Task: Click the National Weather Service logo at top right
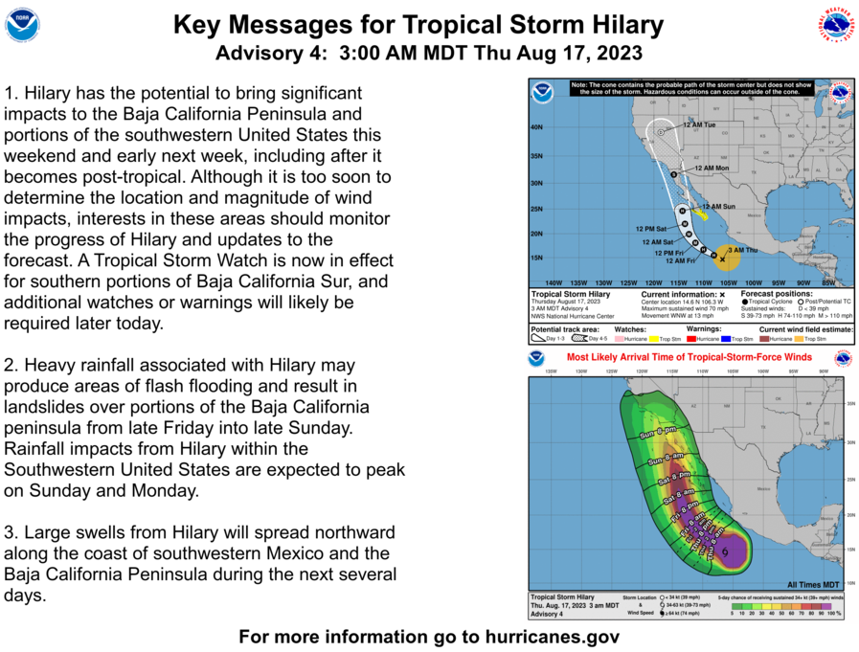pyautogui.click(x=835, y=24)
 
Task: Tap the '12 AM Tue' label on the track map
pyautogui.click(x=699, y=125)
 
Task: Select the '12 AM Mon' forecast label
pyautogui.click(x=711, y=169)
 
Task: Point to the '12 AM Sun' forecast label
pyautogui.click(x=718, y=207)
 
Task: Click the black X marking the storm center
pyautogui.click(x=722, y=259)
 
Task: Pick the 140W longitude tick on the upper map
pyautogui.click(x=553, y=282)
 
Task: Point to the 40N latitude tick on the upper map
pyautogui.click(x=537, y=127)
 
